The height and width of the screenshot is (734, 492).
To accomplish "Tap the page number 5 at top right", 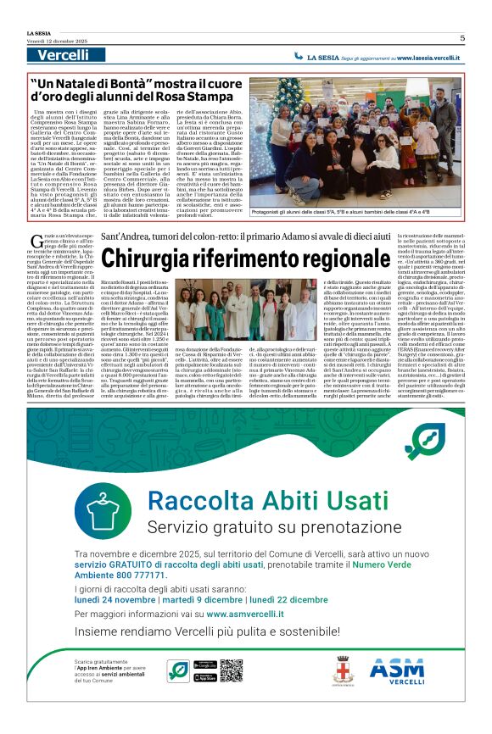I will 462,38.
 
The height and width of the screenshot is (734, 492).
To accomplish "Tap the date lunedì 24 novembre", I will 120,598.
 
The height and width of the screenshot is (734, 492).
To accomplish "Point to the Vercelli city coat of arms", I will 343,670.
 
